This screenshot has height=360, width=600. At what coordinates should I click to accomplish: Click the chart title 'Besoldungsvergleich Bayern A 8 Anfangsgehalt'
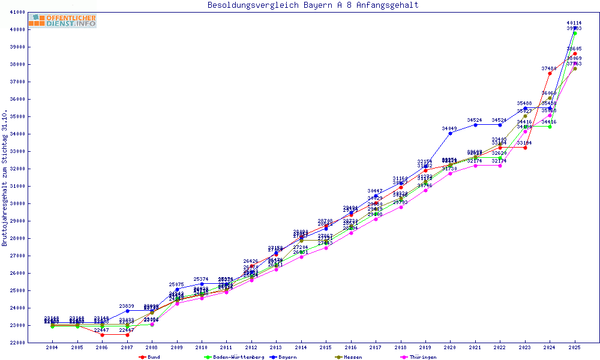[x=313, y=5]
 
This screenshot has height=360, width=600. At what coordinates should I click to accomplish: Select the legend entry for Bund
[x=150, y=357]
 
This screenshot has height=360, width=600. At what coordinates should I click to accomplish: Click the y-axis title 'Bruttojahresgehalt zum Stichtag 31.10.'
[x=5, y=178]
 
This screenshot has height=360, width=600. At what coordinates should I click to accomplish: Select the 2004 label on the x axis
[x=52, y=347]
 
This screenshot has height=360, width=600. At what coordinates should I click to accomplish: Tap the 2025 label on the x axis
[x=575, y=347]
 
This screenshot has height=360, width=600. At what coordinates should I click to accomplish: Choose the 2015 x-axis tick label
[x=326, y=347]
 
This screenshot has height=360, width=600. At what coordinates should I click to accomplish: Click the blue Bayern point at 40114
[x=575, y=28]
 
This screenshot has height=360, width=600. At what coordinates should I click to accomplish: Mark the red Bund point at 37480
[x=550, y=73]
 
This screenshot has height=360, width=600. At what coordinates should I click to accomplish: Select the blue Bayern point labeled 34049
[x=450, y=133]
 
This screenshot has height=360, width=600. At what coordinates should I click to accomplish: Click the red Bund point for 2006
[x=102, y=335]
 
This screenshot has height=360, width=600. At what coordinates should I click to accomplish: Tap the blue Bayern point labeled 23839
[x=127, y=311]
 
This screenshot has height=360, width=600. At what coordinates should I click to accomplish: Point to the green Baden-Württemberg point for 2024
[x=550, y=127]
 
